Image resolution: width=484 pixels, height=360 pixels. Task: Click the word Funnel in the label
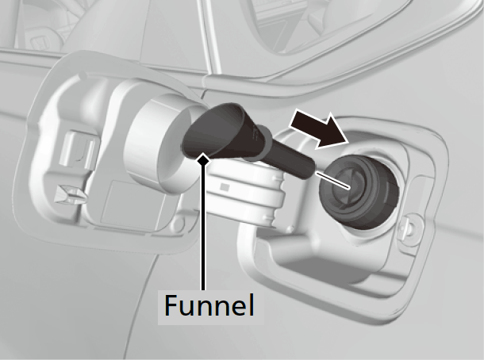209,305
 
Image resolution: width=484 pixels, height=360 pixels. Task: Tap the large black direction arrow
320,130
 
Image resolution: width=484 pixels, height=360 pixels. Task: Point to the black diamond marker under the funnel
203,160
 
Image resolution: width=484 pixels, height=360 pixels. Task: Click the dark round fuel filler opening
359,192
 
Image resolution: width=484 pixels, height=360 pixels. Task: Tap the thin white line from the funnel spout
332,180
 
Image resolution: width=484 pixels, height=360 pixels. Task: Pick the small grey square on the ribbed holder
225,187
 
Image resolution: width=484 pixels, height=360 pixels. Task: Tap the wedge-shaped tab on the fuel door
70,194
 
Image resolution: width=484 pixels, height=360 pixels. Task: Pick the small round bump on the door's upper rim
83,75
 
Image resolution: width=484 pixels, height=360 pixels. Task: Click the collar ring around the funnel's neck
259,143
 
